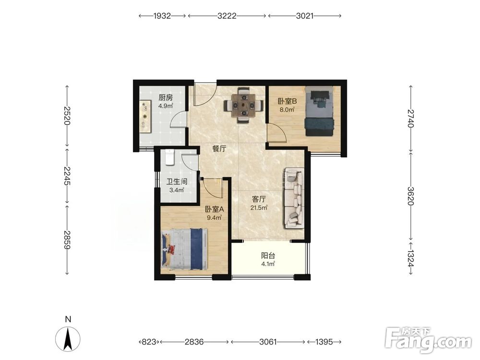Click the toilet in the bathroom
(169, 157)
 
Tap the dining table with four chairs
(244, 106)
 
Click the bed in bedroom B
(319, 111)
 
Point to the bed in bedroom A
(185, 249)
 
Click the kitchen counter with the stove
(146, 116)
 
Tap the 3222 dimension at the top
(227, 16)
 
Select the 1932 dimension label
(162, 16)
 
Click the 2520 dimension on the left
(67, 115)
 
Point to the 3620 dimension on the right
(410, 196)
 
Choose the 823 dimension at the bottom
(149, 341)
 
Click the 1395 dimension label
(324, 341)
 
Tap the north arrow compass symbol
(68, 338)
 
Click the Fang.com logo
(429, 340)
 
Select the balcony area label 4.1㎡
(268, 264)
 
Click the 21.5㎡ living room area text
(259, 208)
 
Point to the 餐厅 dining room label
(219, 149)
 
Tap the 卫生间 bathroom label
(177, 181)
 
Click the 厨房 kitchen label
(166, 97)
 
